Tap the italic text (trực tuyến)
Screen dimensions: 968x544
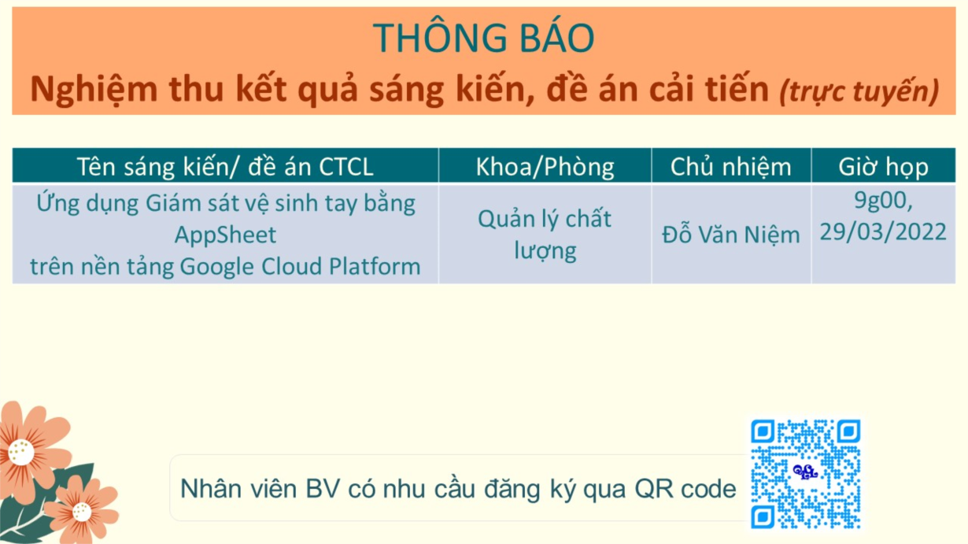[859, 91]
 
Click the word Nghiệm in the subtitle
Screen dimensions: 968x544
[94, 90]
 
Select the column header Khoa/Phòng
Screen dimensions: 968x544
[545, 166]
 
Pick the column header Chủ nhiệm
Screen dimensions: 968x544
[731, 166]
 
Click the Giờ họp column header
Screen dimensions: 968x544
[883, 166]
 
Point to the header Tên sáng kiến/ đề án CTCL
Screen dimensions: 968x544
[225, 166]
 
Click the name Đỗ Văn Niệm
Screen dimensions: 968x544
[731, 235]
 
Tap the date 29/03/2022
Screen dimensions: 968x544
[883, 231]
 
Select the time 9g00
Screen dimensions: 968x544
[883, 200]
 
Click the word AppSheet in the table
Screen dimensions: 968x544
[225, 235]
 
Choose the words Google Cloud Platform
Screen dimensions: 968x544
[300, 266]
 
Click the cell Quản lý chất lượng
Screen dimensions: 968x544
[545, 235]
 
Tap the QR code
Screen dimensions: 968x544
[806, 473]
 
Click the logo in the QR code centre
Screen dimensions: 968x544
[805, 472]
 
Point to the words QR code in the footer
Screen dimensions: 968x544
[685, 490]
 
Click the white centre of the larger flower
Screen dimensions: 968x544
[20, 453]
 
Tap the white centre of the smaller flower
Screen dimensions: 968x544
[82, 513]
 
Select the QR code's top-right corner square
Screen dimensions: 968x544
[848, 431]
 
